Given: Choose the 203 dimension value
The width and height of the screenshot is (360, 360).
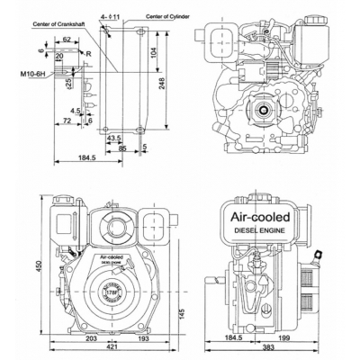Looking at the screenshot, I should point(90,340).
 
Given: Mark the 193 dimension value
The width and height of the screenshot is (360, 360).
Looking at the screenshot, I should point(144,340).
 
